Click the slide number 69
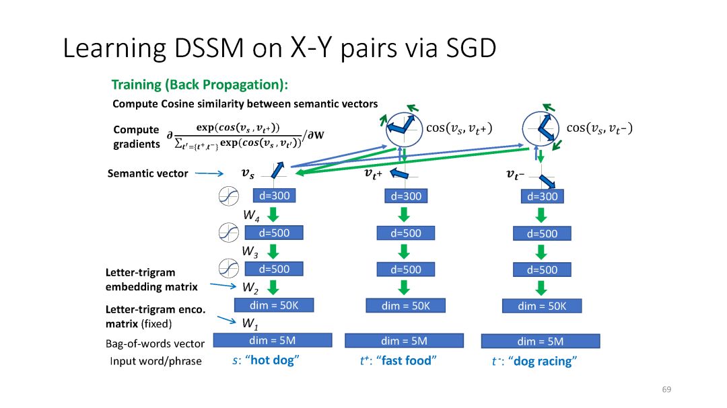point(666,390)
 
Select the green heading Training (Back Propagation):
point(199,85)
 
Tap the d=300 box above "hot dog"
point(273,196)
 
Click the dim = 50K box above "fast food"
point(405,305)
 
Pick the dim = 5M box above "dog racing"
point(540,341)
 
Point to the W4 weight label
point(252,216)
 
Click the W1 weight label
point(250,323)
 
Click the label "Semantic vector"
point(147,173)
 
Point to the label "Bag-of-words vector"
point(155,344)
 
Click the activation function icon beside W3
point(229,269)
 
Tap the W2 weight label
point(250,287)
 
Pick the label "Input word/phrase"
point(155,362)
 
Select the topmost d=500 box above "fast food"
point(406,233)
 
